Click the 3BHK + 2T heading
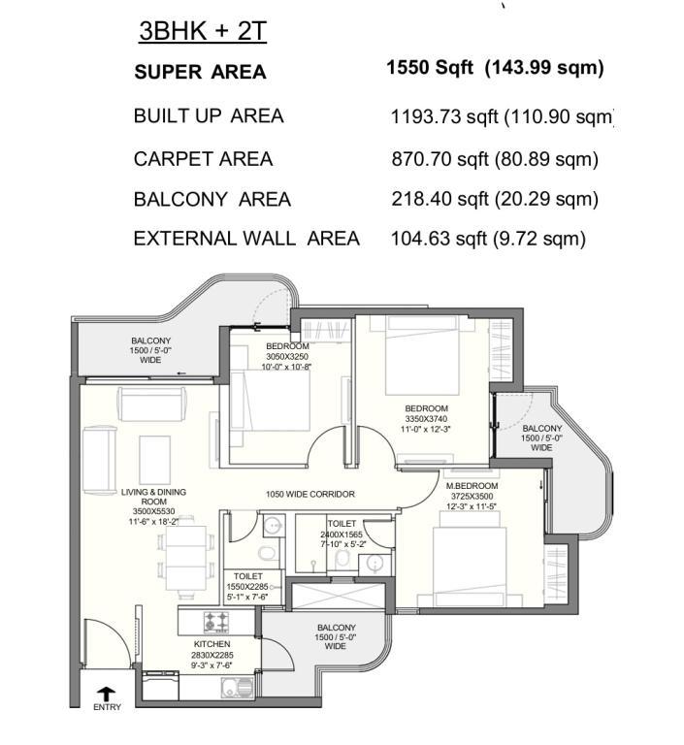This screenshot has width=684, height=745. point(203,31)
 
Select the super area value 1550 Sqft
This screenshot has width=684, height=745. point(430,68)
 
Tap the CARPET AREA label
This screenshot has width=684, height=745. point(204,159)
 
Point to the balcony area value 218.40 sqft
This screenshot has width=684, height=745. point(440,199)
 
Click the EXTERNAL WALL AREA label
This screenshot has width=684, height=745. point(246,239)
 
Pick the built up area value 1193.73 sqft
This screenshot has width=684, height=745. point(444,116)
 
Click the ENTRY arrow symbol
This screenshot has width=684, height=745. point(108,694)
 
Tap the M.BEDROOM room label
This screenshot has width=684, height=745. point(472,486)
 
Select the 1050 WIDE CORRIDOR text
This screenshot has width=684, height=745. point(310,494)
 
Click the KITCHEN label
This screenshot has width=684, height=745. point(212,644)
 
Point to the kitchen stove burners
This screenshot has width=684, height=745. point(216,623)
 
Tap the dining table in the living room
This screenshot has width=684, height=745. point(186,557)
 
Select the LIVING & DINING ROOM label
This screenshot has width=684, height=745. point(153,497)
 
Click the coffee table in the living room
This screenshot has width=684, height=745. point(154,459)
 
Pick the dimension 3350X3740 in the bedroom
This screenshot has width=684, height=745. point(426,419)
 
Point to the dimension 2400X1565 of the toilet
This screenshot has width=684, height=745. point(342,534)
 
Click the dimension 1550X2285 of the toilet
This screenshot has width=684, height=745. point(247,587)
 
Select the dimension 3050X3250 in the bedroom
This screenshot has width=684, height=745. point(287,356)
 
